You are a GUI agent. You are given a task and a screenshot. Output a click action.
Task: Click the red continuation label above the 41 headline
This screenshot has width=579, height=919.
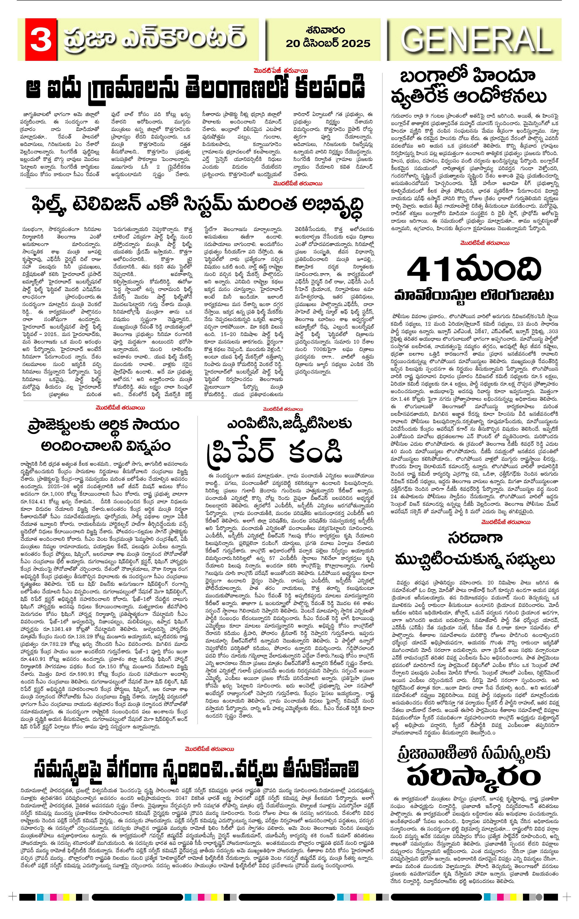coord(484,243)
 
